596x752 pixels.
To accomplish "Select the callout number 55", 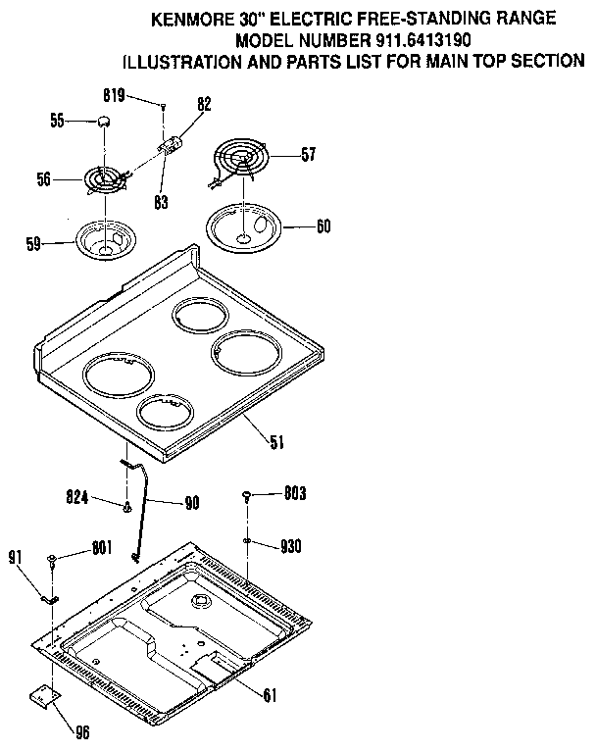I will [58, 121].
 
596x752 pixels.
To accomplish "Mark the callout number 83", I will [161, 203].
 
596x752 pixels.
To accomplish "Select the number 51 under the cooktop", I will [276, 441].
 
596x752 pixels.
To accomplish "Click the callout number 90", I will [190, 503].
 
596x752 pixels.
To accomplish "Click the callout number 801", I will [101, 548].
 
